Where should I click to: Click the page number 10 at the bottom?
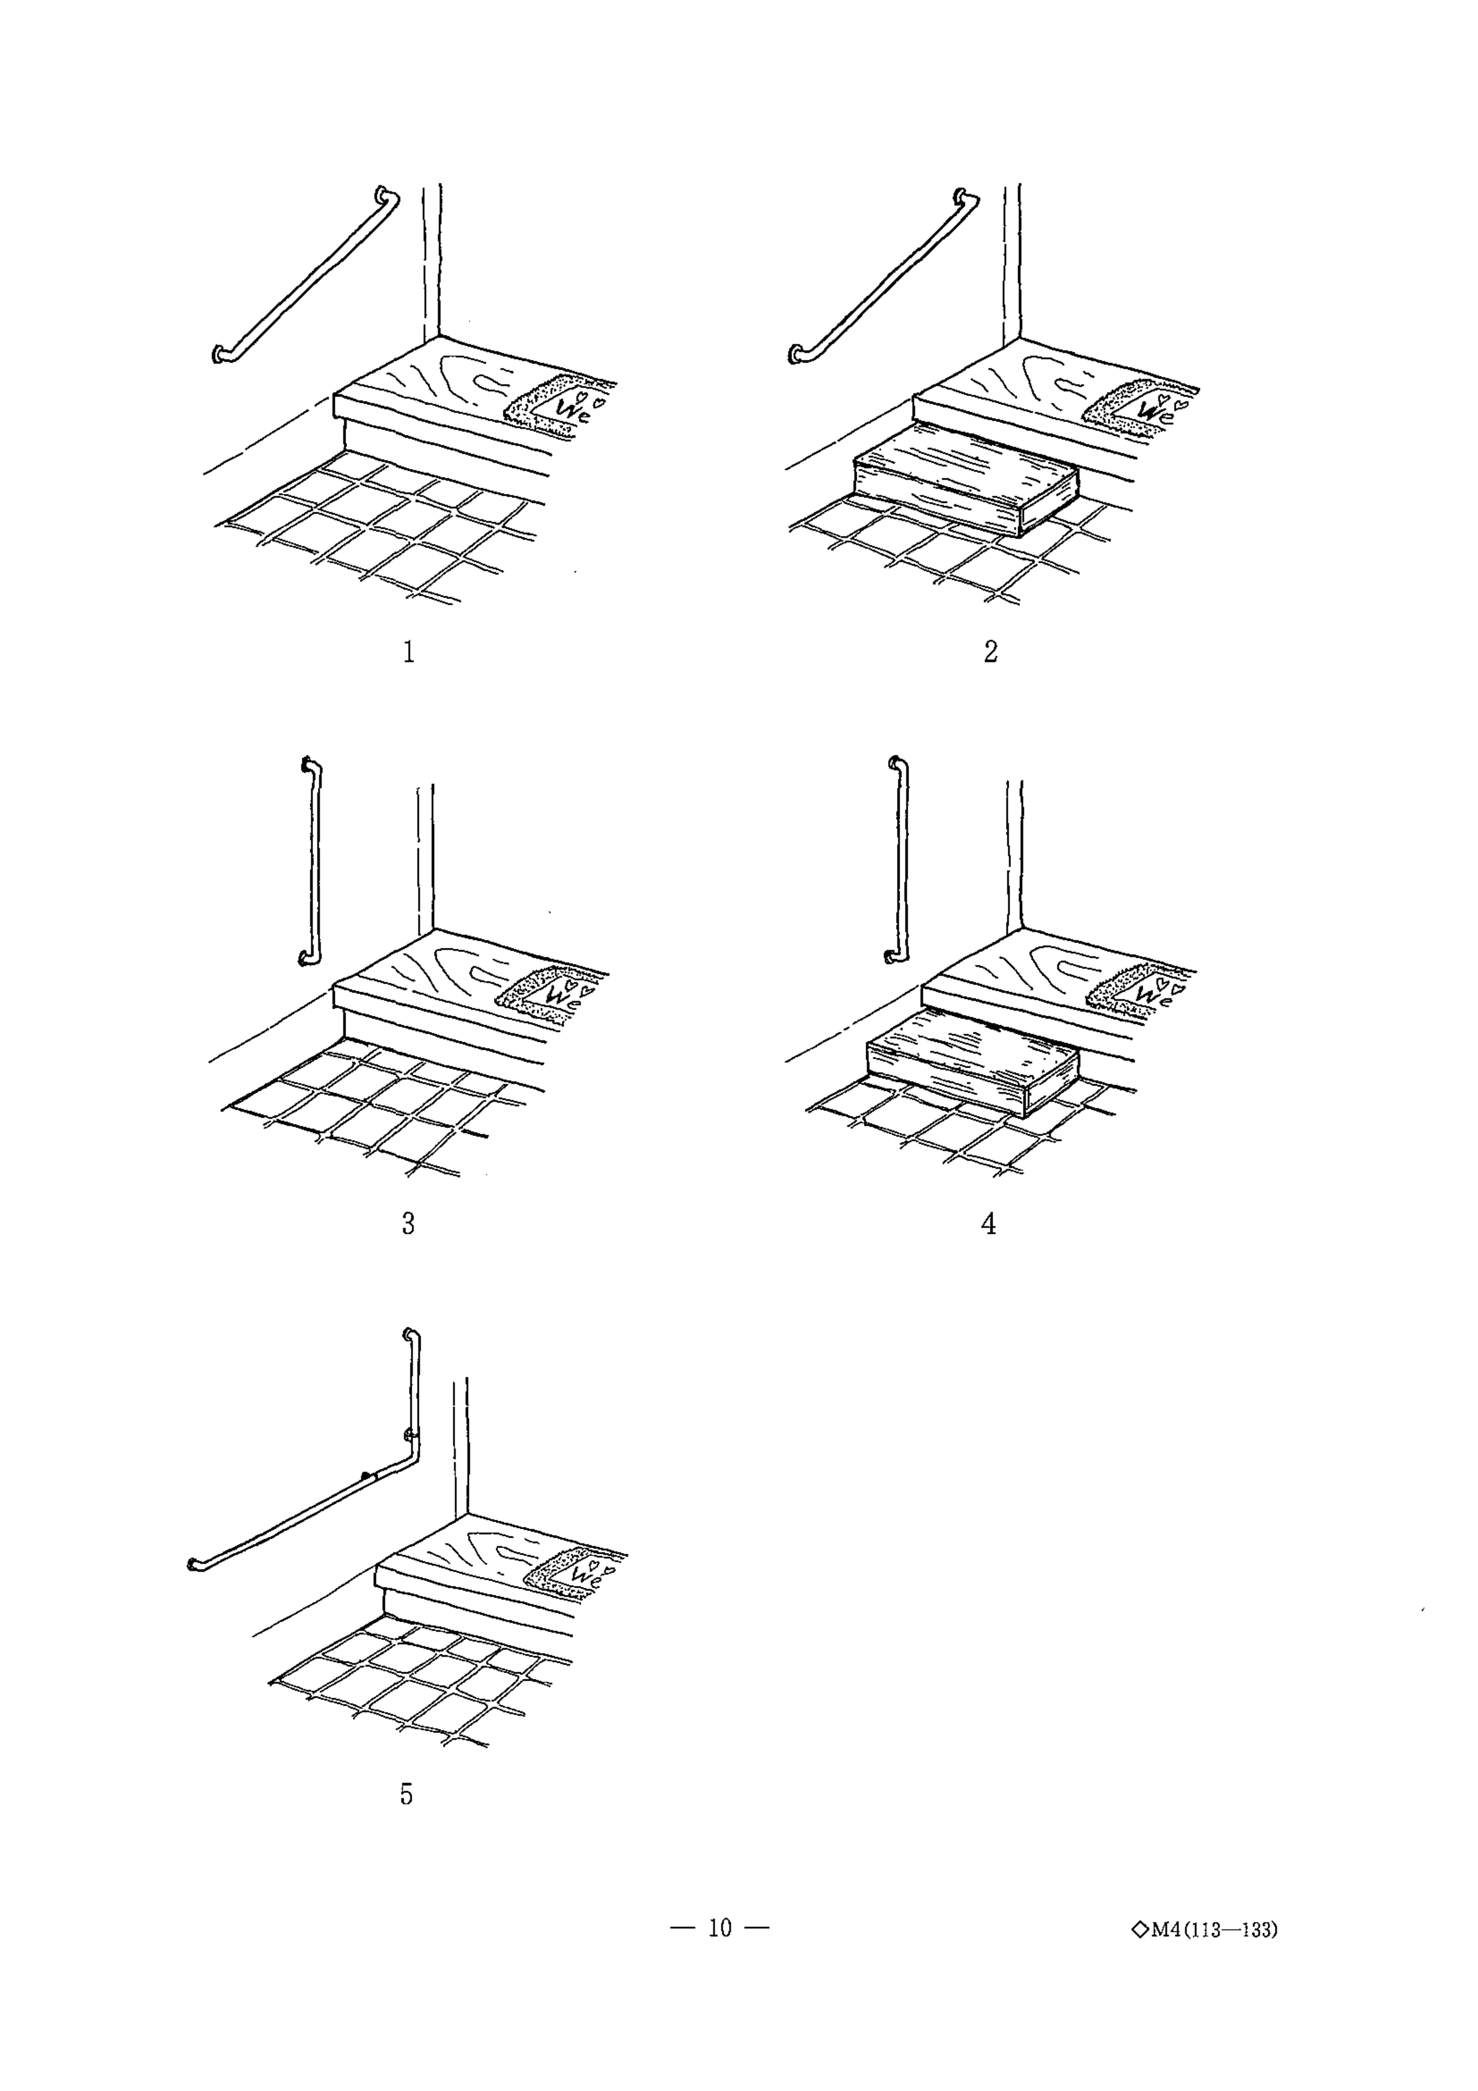[x=720, y=1927]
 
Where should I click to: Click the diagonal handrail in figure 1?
[x=305, y=276]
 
